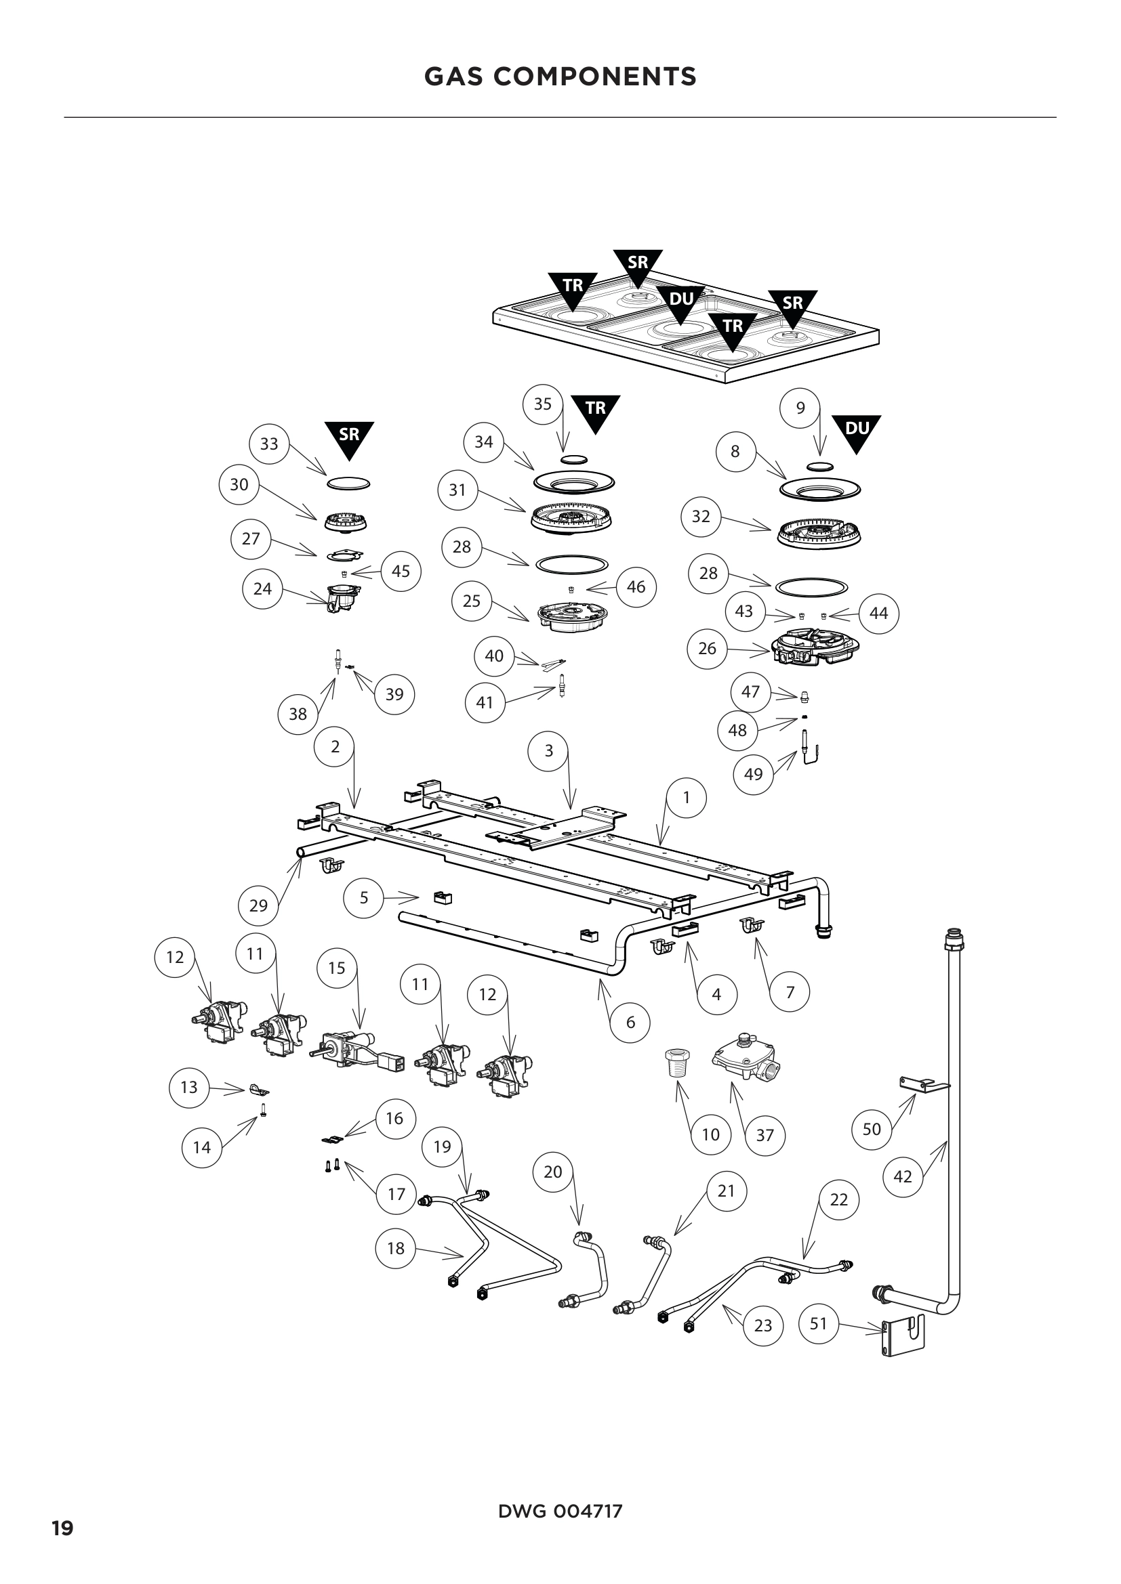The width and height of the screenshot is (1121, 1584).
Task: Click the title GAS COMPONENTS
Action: pyautogui.click(x=560, y=76)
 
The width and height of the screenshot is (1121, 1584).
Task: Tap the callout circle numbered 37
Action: pyautogui.click(x=765, y=1135)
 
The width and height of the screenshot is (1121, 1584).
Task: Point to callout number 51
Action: pyautogui.click(x=818, y=1323)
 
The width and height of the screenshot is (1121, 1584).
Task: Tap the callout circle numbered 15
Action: pyautogui.click(x=336, y=968)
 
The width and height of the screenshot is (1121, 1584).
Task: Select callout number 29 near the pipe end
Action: pyautogui.click(x=258, y=905)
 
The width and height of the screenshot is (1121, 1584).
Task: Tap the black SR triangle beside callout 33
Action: pyautogui.click(x=349, y=437)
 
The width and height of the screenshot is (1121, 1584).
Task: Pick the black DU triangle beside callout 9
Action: pyautogui.click(x=856, y=431)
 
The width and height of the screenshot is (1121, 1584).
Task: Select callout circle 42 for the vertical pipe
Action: pyautogui.click(x=903, y=1176)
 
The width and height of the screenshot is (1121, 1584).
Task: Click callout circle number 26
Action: pyautogui.click(x=707, y=648)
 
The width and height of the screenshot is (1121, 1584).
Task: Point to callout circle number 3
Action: pyautogui.click(x=549, y=750)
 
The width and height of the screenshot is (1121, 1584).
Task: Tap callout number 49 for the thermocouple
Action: pyautogui.click(x=753, y=774)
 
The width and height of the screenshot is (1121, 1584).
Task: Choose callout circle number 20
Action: pyautogui.click(x=553, y=1172)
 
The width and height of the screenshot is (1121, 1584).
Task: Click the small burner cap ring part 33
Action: pyautogui.click(x=348, y=483)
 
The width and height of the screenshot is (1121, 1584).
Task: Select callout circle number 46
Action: pyautogui.click(x=636, y=586)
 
